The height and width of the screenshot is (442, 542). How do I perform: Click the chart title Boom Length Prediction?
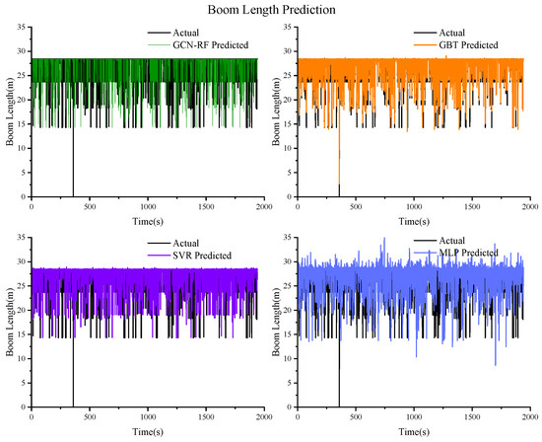click(270, 9)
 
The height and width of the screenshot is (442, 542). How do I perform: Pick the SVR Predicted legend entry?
click(198, 255)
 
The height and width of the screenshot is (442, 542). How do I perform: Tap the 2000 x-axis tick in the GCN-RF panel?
click(264, 205)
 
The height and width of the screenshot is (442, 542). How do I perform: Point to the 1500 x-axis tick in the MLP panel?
click(472, 414)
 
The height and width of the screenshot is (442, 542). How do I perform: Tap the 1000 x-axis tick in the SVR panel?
click(148, 414)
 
